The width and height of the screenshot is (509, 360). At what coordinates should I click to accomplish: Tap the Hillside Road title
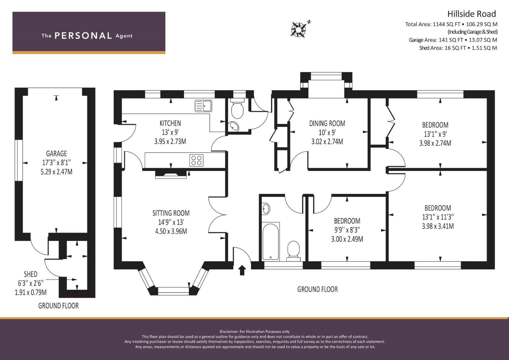tap(472, 14)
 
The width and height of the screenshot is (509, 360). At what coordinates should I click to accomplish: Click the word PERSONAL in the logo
tap(83, 36)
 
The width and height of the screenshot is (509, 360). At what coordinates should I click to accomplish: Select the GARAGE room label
tap(56, 154)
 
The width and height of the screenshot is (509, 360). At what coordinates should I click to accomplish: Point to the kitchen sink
tap(203, 106)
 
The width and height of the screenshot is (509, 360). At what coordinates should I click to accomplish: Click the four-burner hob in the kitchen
tap(197, 160)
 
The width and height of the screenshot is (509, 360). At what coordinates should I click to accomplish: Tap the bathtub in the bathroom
tap(271, 241)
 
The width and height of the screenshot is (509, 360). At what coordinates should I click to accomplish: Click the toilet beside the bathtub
tap(293, 251)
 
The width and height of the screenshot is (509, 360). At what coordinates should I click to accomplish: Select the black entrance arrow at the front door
tap(242, 270)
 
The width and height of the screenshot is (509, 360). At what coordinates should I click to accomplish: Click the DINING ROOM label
tap(327, 123)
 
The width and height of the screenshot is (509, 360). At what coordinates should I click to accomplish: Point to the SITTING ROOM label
tap(171, 213)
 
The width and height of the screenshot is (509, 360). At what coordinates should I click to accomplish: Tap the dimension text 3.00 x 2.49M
tap(347, 239)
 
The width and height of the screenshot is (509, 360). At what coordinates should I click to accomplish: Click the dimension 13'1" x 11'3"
tap(438, 217)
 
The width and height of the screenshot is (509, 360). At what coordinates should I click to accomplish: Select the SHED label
tap(31, 274)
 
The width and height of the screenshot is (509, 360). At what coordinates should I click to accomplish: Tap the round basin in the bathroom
tap(266, 209)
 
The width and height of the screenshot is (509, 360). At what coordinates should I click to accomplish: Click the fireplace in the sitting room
tap(171, 175)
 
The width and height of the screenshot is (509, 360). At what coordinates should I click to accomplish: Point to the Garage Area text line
tap(453, 40)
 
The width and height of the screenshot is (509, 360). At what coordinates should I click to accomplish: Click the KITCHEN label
tap(170, 123)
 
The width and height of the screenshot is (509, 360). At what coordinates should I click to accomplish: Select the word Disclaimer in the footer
tap(229, 332)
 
